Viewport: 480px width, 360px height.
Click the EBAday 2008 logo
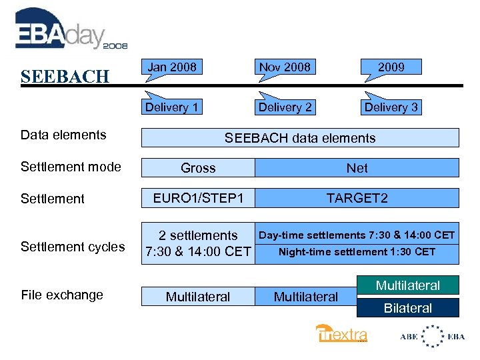pos(70,30)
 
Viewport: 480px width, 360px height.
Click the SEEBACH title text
pos(65,77)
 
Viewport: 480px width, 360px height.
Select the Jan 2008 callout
pos(172,67)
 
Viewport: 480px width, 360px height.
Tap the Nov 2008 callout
pos(285,67)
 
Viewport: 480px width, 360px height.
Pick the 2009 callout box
pos(391,67)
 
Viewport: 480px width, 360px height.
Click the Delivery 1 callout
pos(172,107)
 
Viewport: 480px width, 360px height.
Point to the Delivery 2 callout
pos(285,107)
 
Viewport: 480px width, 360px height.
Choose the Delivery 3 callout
pos(391,107)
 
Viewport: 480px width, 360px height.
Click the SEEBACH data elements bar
pos(300,138)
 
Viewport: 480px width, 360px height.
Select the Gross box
pos(198,168)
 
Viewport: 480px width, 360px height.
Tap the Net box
pos(357,168)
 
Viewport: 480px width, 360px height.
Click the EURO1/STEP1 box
pos(198,198)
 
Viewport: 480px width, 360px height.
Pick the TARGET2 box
pos(357,198)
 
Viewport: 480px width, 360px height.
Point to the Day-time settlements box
pos(357,235)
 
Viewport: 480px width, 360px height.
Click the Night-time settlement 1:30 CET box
pos(357,252)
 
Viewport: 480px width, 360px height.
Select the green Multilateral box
pos(408,285)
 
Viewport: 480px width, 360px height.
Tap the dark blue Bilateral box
pos(408,308)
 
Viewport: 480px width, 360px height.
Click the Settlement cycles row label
pos(73,247)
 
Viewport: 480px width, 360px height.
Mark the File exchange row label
pos(62,295)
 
